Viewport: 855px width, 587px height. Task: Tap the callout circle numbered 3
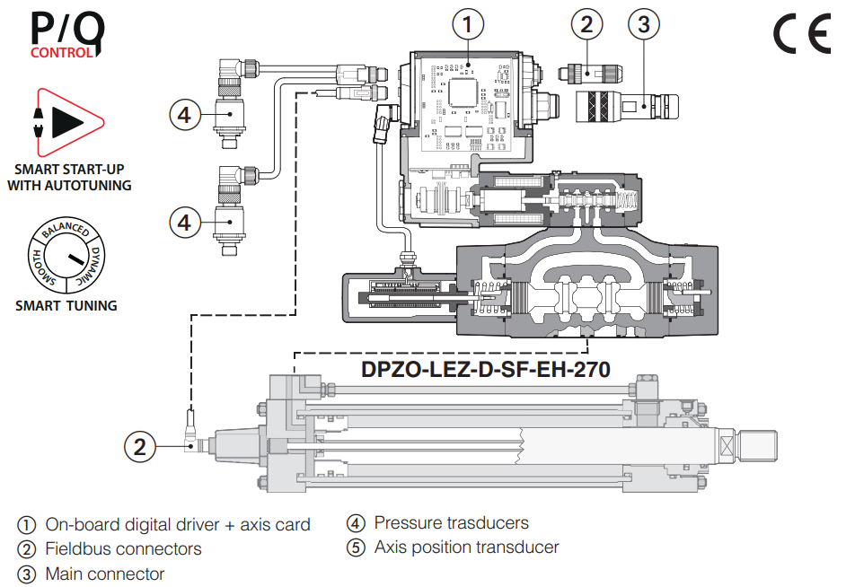tap(643, 24)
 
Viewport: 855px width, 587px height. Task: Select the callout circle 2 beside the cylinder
tap(139, 446)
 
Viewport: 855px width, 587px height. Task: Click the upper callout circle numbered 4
tap(184, 114)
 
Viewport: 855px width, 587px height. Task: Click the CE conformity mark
tap(802, 35)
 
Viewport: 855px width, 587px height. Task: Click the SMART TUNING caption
tap(66, 306)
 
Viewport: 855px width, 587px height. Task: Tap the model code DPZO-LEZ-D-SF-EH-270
tap(486, 369)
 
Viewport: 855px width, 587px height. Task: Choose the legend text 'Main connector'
tap(105, 574)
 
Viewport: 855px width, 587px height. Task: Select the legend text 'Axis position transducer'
tap(466, 547)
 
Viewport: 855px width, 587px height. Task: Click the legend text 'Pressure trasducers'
tap(451, 522)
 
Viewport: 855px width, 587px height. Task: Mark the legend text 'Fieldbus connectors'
tap(123, 548)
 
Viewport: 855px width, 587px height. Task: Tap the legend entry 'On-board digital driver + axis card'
tap(178, 524)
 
